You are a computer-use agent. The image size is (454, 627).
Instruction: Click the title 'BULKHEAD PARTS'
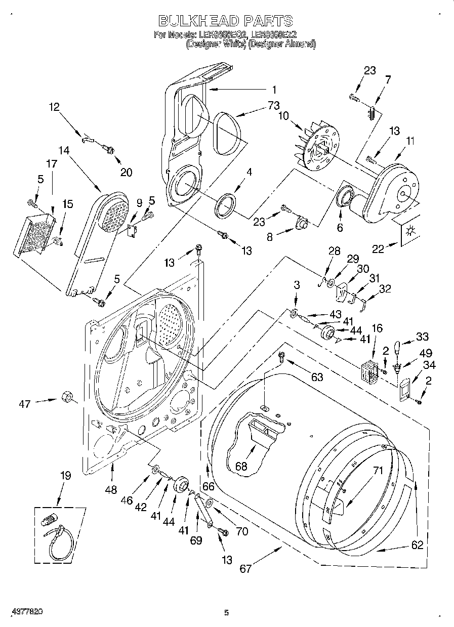225,20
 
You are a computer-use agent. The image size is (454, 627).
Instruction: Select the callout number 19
65,475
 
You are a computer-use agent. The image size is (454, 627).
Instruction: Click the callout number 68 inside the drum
241,466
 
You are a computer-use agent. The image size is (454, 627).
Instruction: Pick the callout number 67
245,568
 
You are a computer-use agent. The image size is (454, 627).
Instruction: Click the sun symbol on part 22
411,231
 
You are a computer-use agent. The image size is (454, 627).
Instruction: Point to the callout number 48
111,489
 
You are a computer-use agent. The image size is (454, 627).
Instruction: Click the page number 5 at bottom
226,613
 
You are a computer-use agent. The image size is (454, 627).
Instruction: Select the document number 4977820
28,611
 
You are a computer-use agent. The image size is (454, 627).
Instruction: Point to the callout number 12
54,107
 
